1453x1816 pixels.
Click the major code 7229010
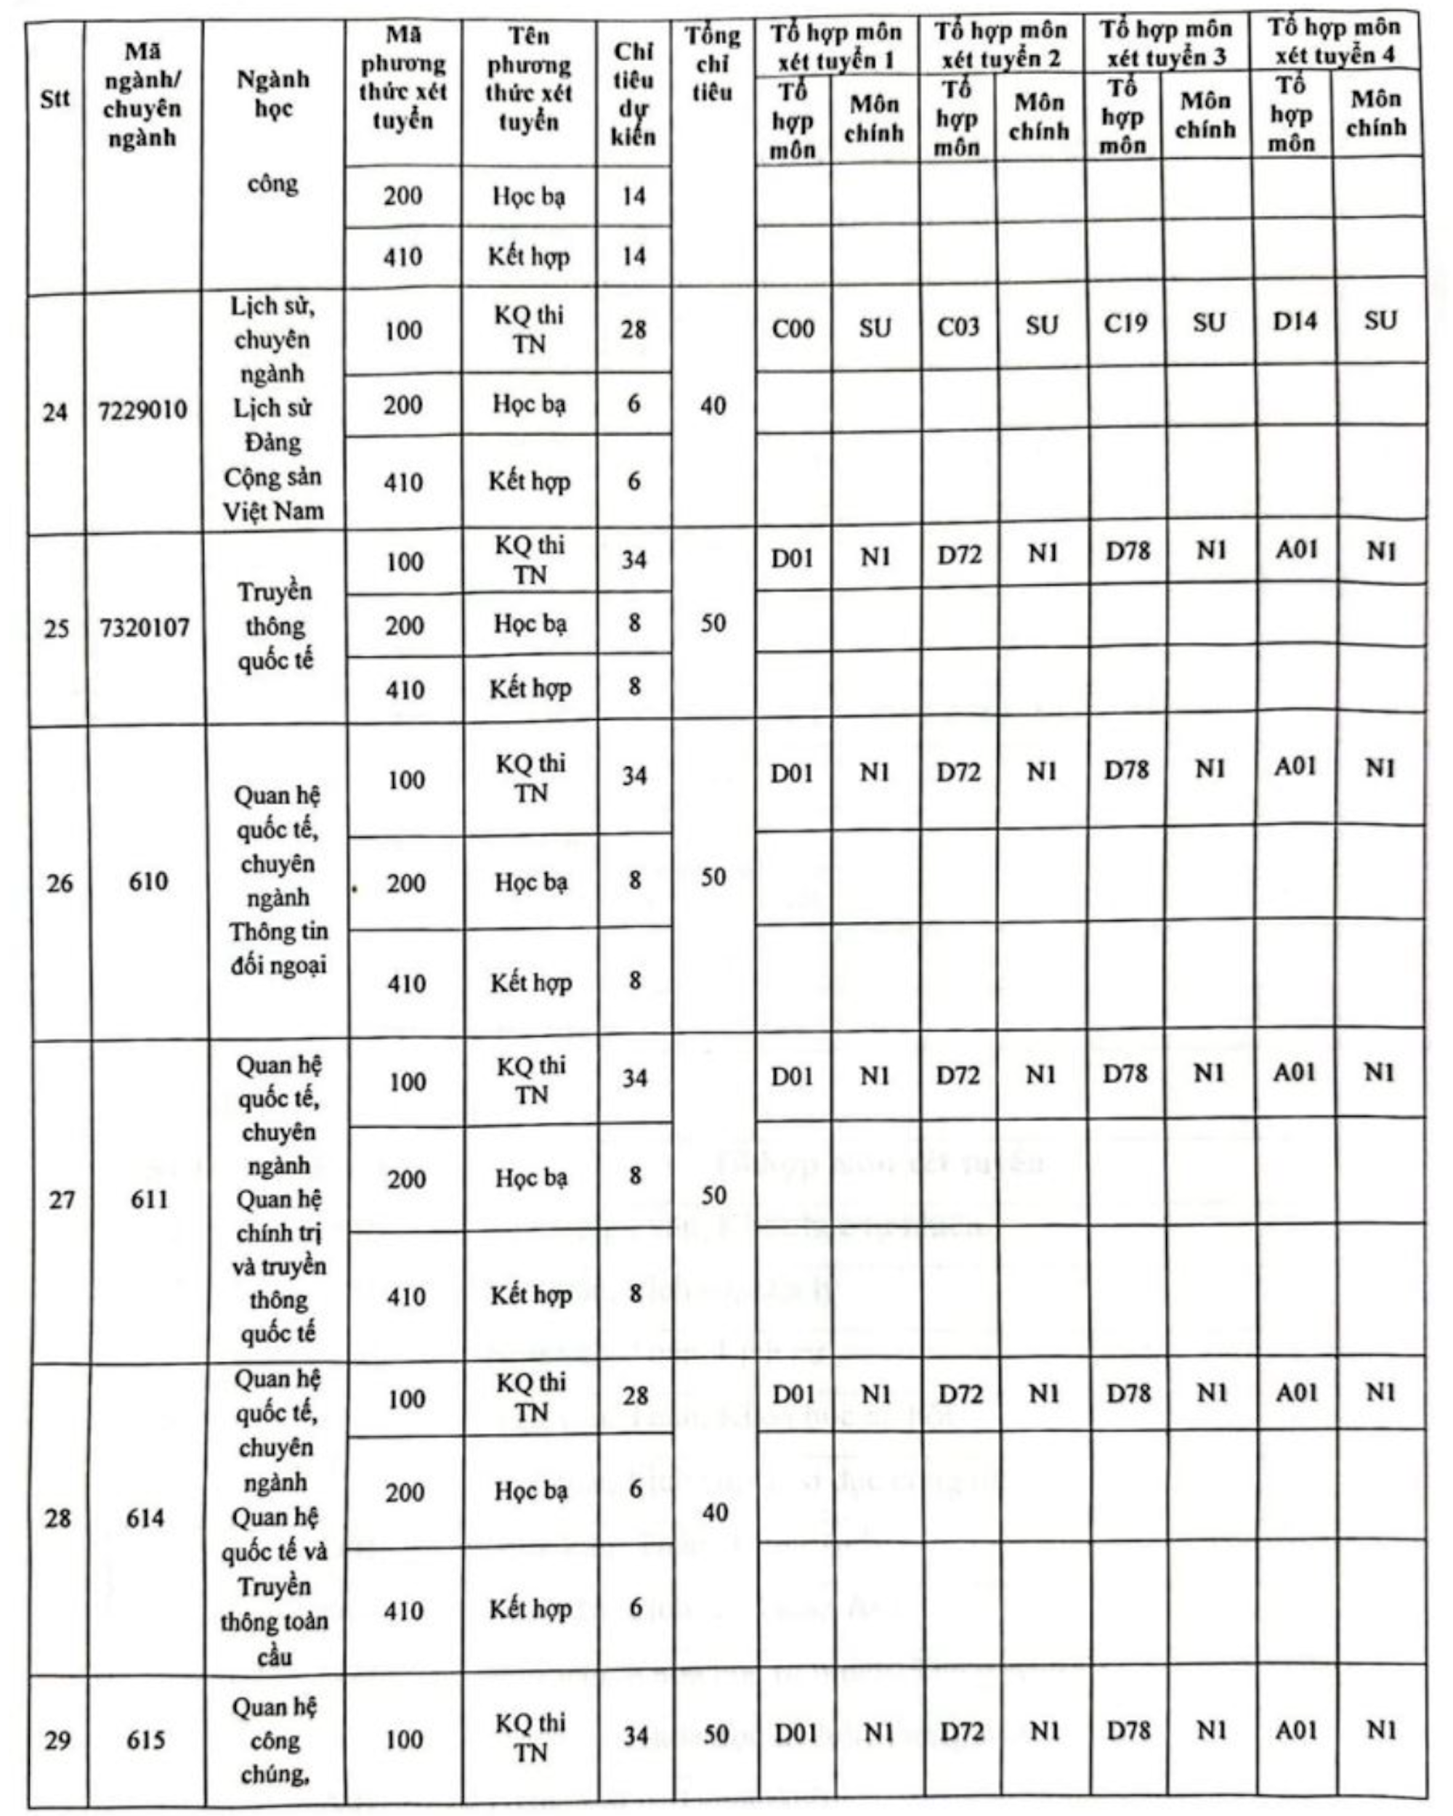[143, 411]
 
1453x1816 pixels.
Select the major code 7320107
[145, 628]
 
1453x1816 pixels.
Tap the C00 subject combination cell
[793, 328]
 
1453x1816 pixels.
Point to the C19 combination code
[1125, 324]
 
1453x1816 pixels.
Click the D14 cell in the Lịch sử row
[1294, 322]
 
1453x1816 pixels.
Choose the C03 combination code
[958, 326]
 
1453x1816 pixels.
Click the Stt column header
[54, 99]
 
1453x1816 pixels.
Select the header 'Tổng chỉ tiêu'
[713, 64]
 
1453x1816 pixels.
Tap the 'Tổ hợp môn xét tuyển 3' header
[1167, 43]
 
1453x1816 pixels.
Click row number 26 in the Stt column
[59, 883]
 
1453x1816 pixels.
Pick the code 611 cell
[149, 1199]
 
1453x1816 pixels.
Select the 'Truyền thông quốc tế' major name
[275, 626]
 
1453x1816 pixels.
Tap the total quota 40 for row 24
[713, 406]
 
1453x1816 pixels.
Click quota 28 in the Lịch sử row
[634, 328]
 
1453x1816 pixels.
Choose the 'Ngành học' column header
[273, 93]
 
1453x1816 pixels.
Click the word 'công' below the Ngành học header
[273, 184]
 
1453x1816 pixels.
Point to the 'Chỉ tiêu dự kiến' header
[634, 94]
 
